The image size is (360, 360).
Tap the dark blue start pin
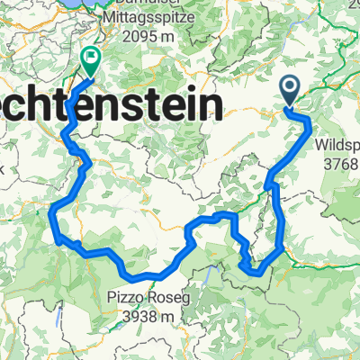coord(291,88)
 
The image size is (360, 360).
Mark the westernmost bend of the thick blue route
coord(53,211)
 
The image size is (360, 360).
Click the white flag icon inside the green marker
coord(91,57)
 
